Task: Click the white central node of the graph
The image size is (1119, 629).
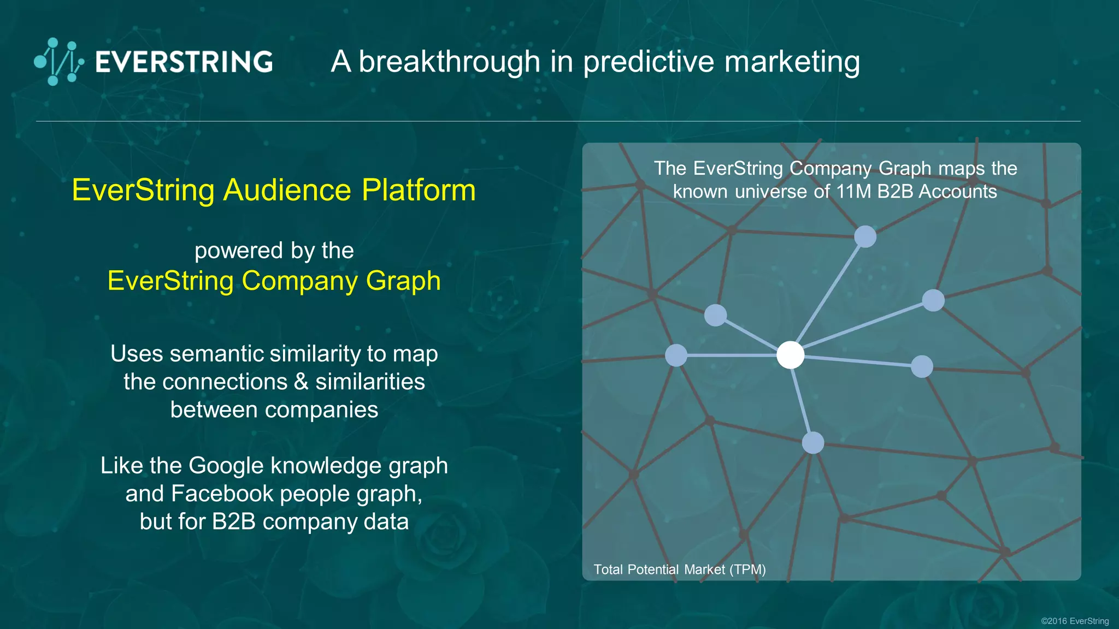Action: (790, 355)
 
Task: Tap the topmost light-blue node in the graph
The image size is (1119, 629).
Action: (865, 236)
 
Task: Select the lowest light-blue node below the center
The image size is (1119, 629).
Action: (812, 443)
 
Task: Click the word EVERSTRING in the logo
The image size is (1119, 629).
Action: (184, 62)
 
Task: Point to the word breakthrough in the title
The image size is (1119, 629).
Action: (449, 61)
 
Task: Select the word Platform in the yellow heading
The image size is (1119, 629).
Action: (419, 190)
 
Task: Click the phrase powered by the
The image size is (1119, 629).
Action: (274, 251)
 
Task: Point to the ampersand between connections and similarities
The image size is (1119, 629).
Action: (301, 382)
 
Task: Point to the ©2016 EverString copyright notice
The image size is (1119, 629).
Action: (1074, 621)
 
